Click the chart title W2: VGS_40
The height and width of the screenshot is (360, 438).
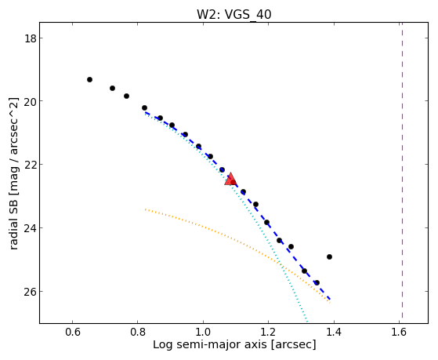coord(234,14)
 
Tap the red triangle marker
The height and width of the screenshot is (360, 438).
coord(230,180)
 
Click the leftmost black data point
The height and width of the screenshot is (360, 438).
coord(89,80)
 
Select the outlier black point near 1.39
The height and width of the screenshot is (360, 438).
coord(329,256)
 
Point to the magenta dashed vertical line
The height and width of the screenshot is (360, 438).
coord(402,170)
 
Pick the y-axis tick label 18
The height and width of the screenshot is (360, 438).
coord(31,38)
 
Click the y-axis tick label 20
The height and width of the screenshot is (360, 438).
coord(31,101)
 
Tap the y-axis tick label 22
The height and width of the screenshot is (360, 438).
coord(31,165)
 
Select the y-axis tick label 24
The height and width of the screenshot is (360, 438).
coord(31,228)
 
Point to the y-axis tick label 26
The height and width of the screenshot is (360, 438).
coord(31,292)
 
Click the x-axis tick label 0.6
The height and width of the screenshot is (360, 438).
coord(73,332)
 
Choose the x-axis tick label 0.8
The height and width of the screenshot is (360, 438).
coord(137,332)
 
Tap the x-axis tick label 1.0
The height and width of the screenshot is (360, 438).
coord(203,332)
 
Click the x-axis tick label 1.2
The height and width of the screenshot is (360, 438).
coord(268,332)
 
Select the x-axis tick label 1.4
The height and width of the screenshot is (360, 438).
coord(334,332)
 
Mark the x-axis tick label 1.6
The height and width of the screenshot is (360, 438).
coord(399,332)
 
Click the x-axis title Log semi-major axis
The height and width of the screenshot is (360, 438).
coord(209,344)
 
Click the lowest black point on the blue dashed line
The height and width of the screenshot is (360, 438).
coord(317,283)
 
